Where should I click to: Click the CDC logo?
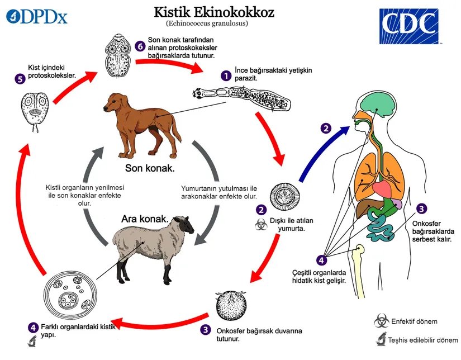pyautogui.click(x=409, y=26)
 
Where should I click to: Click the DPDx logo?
pyautogui.click(x=37, y=16)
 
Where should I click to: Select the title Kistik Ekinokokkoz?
pyautogui.click(x=214, y=12)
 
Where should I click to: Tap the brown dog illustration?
pyautogui.click(x=142, y=126)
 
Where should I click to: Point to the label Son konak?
pyautogui.click(x=150, y=168)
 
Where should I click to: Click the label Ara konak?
pyautogui.click(x=145, y=219)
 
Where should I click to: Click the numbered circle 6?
pyautogui.click(x=140, y=46)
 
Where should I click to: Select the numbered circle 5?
pyautogui.click(x=20, y=79)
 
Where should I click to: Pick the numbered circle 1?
pyautogui.click(x=226, y=76)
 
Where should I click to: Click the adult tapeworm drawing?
pyautogui.click(x=241, y=98)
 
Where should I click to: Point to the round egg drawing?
pyautogui.click(x=285, y=196)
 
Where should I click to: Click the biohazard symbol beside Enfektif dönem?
pyautogui.click(x=382, y=321)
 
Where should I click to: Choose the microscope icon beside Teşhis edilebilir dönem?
pyautogui.click(x=381, y=339)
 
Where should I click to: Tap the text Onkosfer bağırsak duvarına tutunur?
pyautogui.click(x=259, y=335)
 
